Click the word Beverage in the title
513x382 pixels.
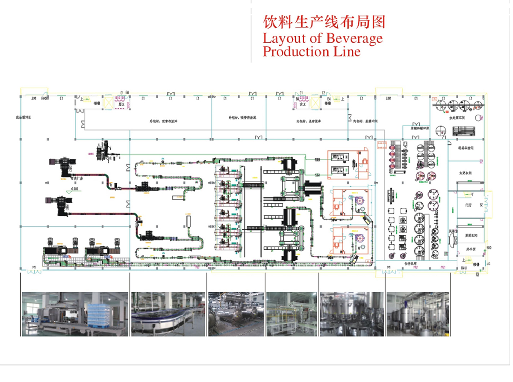click(354, 38)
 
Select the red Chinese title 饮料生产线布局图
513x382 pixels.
click(324, 22)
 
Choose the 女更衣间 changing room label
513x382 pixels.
click(465, 173)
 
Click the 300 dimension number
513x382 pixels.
click(489, 248)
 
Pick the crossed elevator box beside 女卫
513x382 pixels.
click(314, 103)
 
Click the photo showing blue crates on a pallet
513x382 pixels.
click(75, 314)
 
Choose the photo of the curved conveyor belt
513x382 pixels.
click(168, 314)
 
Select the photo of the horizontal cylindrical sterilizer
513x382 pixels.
click(236, 314)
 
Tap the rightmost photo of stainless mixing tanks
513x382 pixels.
click(418, 314)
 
